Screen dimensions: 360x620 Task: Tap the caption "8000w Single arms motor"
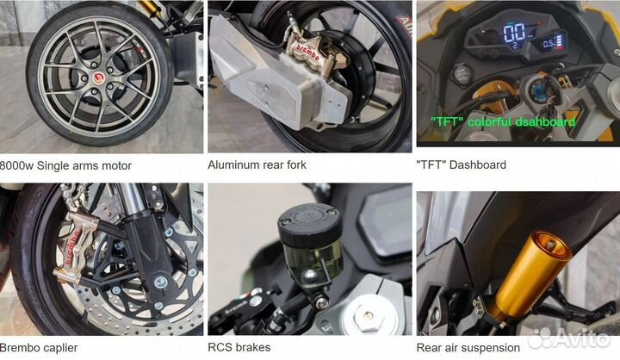coord(66,165)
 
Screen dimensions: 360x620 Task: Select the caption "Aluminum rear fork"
coord(257,164)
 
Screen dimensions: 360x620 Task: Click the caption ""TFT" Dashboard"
coord(462,164)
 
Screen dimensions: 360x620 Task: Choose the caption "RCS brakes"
coord(239,348)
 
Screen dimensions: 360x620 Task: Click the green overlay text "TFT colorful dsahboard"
coord(498,122)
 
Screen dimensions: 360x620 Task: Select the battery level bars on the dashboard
coord(561,41)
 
